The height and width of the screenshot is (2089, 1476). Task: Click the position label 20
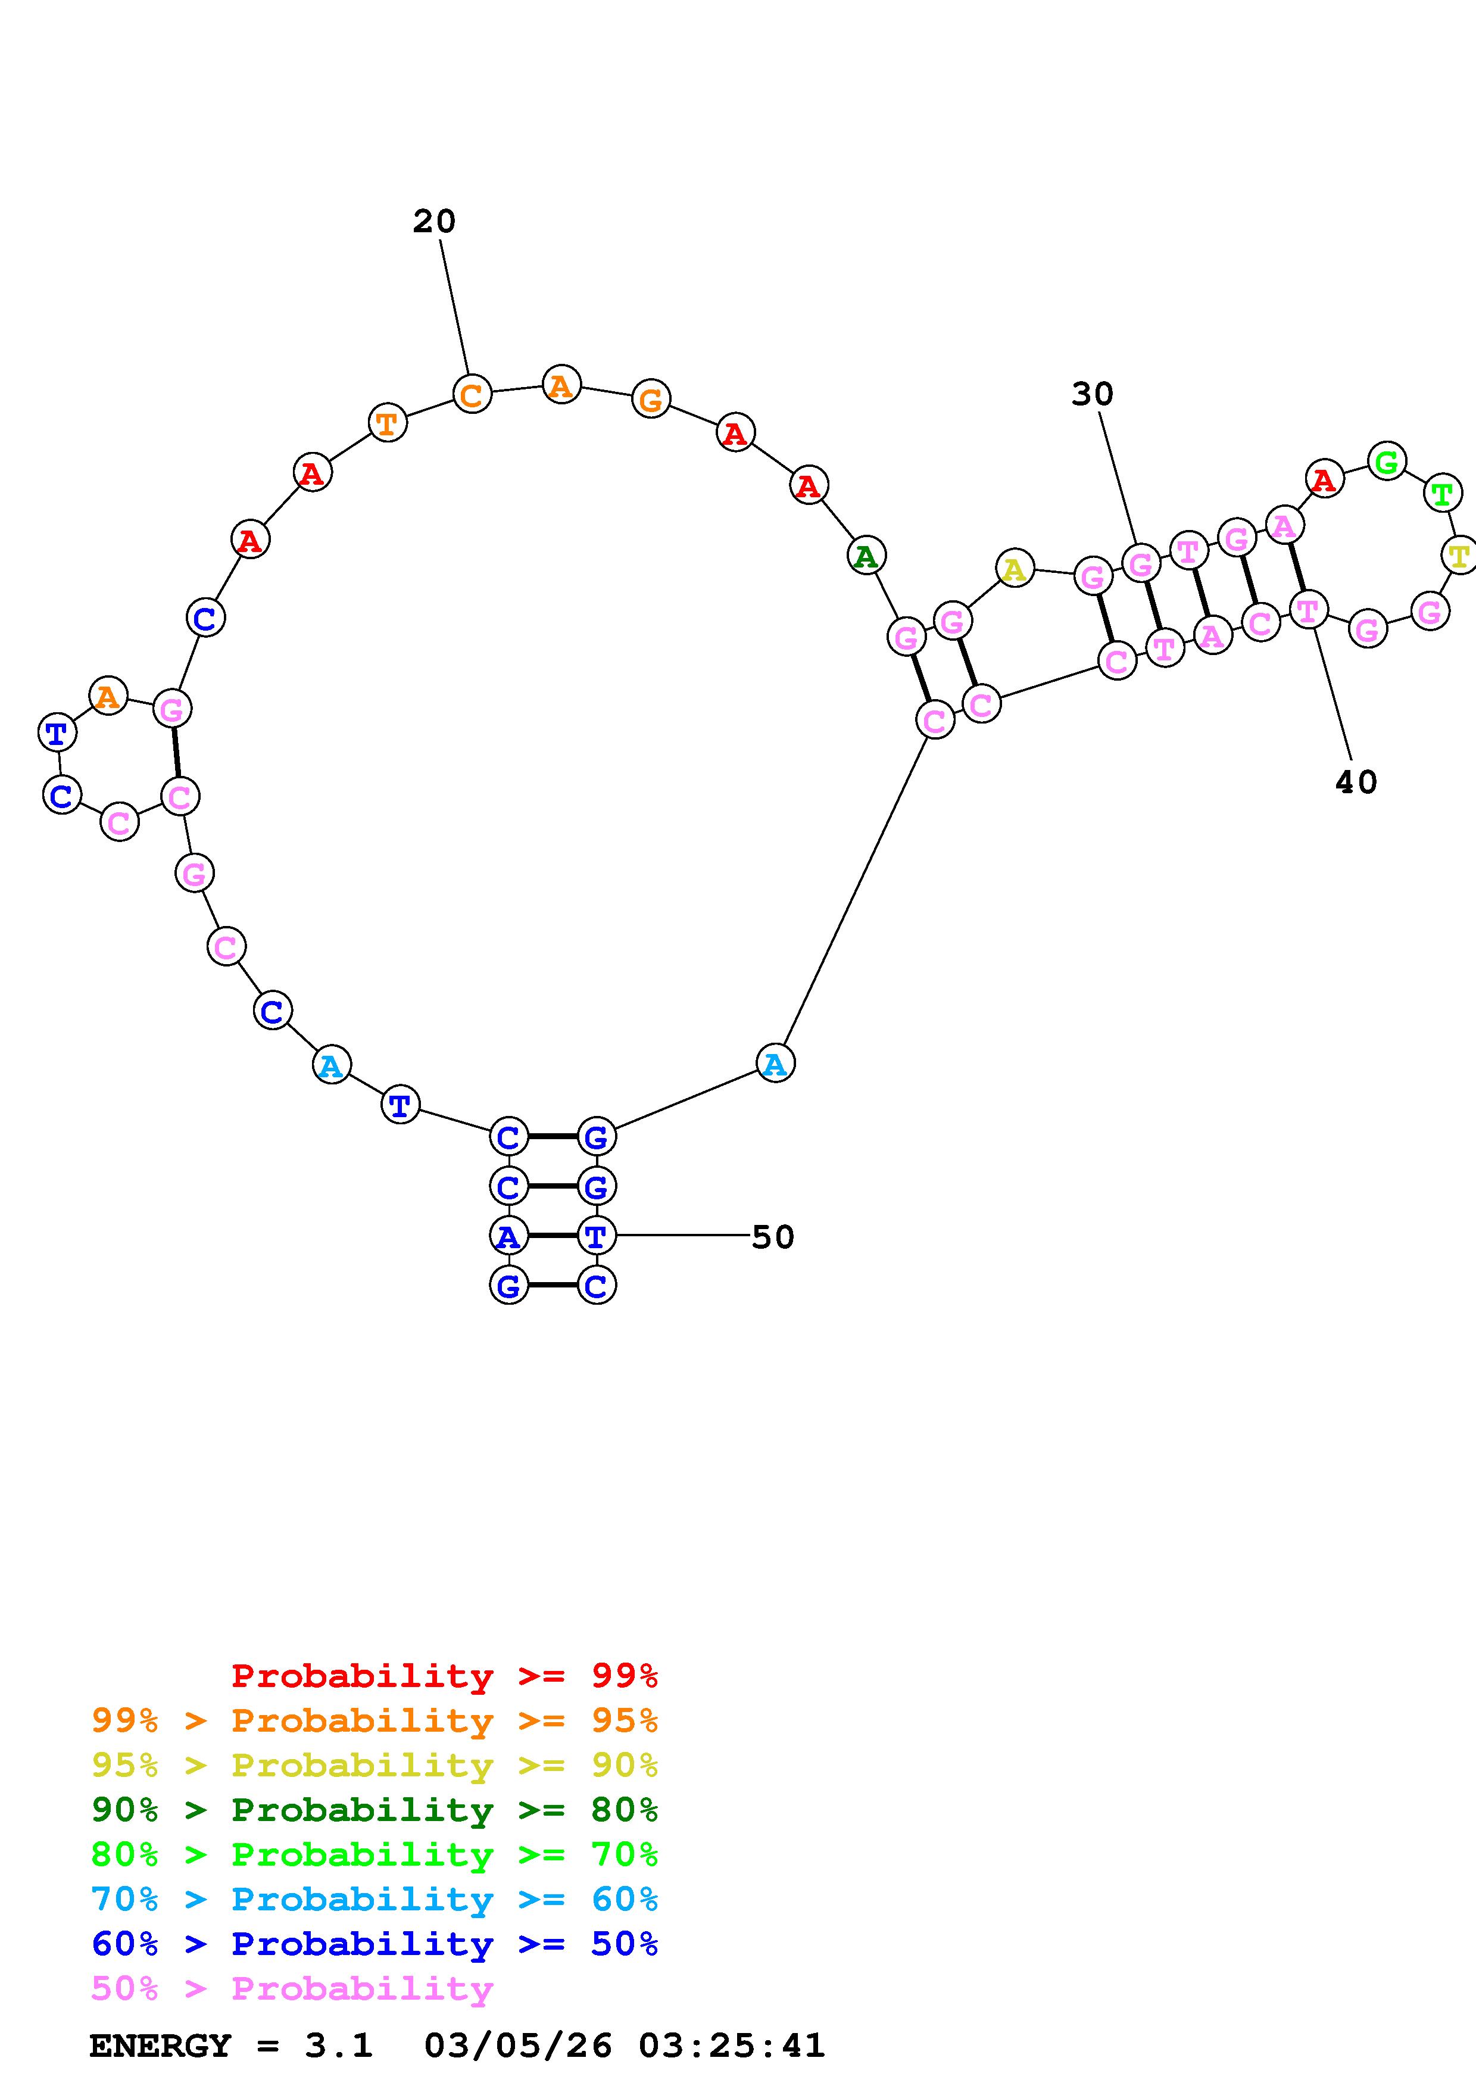click(x=434, y=221)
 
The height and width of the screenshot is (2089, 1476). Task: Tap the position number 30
click(x=1091, y=394)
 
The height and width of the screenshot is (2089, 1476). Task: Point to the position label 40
click(x=1355, y=781)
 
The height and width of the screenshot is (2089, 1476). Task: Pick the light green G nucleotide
click(x=1387, y=462)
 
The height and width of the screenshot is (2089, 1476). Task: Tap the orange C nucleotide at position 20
click(x=471, y=395)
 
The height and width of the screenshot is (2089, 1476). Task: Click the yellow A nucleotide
click(x=1014, y=569)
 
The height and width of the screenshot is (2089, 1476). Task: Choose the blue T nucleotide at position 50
click(x=595, y=1236)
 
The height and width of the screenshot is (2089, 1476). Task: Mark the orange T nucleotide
click(x=386, y=423)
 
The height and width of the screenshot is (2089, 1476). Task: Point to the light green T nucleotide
click(x=1441, y=495)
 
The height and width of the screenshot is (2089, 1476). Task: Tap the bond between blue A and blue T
click(x=552, y=1236)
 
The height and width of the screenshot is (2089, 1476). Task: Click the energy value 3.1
click(x=338, y=2046)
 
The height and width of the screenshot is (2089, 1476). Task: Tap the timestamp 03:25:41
click(x=731, y=2046)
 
